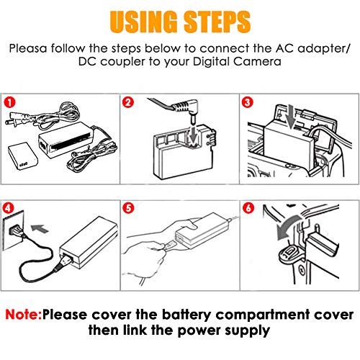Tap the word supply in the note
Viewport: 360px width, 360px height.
coord(244,333)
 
